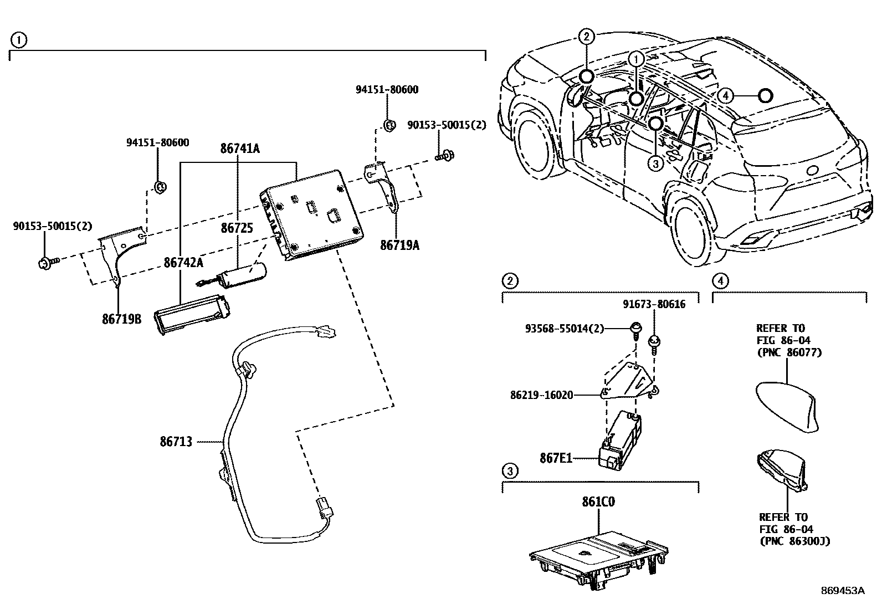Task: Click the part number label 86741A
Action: click(x=239, y=149)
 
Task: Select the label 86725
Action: click(x=237, y=228)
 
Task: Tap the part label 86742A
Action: click(x=183, y=262)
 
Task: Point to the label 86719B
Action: click(x=121, y=319)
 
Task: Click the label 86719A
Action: click(x=399, y=245)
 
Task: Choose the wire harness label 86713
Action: click(x=176, y=442)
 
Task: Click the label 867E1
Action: click(x=556, y=458)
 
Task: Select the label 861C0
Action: click(x=598, y=502)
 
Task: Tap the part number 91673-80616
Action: click(x=653, y=304)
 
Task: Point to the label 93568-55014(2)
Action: click(x=563, y=328)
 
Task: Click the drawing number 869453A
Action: click(x=842, y=591)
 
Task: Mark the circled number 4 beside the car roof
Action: click(x=726, y=96)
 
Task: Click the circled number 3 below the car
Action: click(x=655, y=163)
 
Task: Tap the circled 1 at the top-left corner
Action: click(x=18, y=39)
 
